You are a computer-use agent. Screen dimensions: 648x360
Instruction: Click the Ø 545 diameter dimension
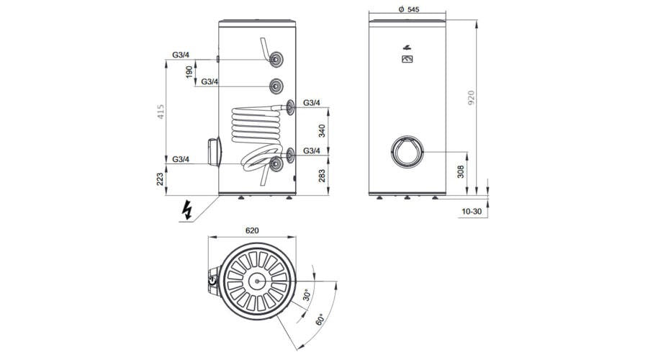pos(408,9)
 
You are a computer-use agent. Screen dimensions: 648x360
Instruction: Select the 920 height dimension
pos(472,97)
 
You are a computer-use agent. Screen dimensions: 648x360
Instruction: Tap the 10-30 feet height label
pos(472,211)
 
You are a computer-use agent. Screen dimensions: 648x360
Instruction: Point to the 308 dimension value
pos(461,171)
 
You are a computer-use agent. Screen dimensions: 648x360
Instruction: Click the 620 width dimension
pos(252,230)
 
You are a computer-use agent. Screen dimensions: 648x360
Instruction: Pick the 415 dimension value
pos(161,112)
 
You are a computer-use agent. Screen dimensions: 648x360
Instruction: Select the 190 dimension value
pos(189,72)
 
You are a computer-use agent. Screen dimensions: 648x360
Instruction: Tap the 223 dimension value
pos(161,179)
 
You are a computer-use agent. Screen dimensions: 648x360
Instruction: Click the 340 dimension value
pos(322,130)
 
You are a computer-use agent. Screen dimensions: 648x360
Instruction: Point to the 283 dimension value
pos(322,175)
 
